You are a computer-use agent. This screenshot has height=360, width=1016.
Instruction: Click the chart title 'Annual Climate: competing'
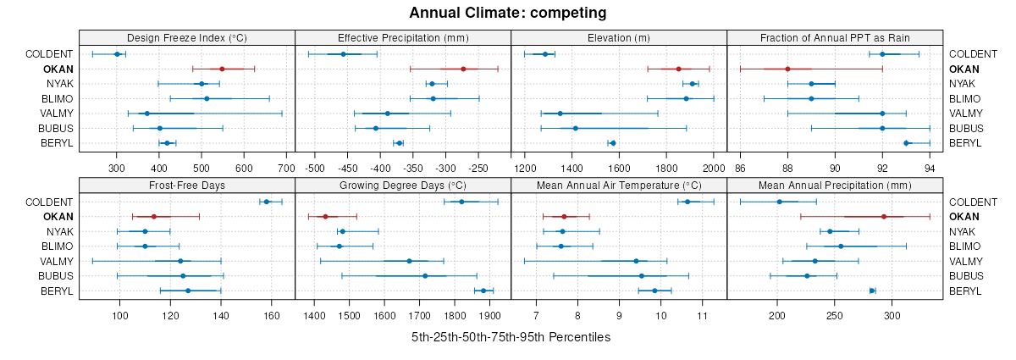point(508,13)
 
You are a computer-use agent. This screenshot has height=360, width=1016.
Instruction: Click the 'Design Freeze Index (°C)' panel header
point(187,37)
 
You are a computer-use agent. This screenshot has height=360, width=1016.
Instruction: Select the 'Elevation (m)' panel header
point(619,37)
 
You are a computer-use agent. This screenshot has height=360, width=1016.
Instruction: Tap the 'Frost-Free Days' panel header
point(187,185)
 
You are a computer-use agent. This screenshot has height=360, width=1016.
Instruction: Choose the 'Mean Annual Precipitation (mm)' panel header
point(835,185)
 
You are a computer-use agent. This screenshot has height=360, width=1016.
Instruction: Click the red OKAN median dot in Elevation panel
point(678,69)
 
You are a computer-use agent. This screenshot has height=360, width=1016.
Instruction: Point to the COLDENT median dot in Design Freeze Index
point(117,54)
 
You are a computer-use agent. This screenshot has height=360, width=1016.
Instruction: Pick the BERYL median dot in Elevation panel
point(613,143)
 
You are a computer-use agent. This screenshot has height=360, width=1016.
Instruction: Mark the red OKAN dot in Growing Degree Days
point(325,217)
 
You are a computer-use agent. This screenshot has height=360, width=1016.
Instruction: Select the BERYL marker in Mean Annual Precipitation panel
point(873,291)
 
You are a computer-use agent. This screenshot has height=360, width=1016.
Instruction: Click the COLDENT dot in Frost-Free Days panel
point(267,202)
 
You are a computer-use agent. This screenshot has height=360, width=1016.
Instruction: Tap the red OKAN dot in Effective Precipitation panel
point(463,69)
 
